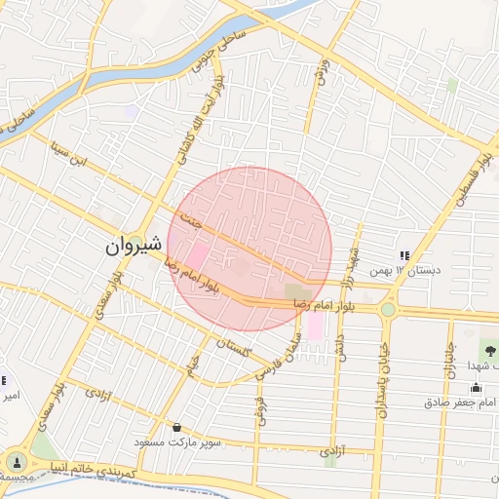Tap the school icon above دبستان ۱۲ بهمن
click(x=404, y=255)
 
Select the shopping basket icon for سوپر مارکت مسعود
click(x=176, y=427)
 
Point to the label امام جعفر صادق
click(x=462, y=402)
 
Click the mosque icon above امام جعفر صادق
click(x=475, y=388)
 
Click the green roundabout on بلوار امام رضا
click(x=388, y=309)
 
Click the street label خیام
click(x=193, y=366)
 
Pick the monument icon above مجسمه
click(x=16, y=461)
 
